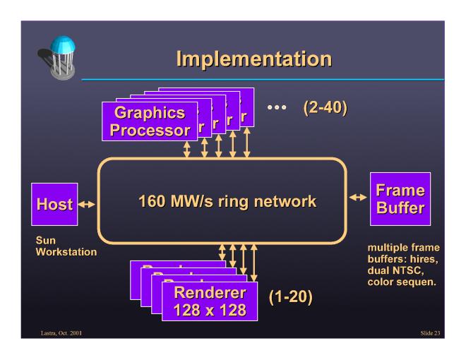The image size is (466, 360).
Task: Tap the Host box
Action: (x=54, y=205)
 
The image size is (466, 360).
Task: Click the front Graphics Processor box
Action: (x=148, y=121)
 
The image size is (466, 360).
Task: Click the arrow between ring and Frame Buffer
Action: (x=359, y=200)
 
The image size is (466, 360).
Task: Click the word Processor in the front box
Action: (x=148, y=130)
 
